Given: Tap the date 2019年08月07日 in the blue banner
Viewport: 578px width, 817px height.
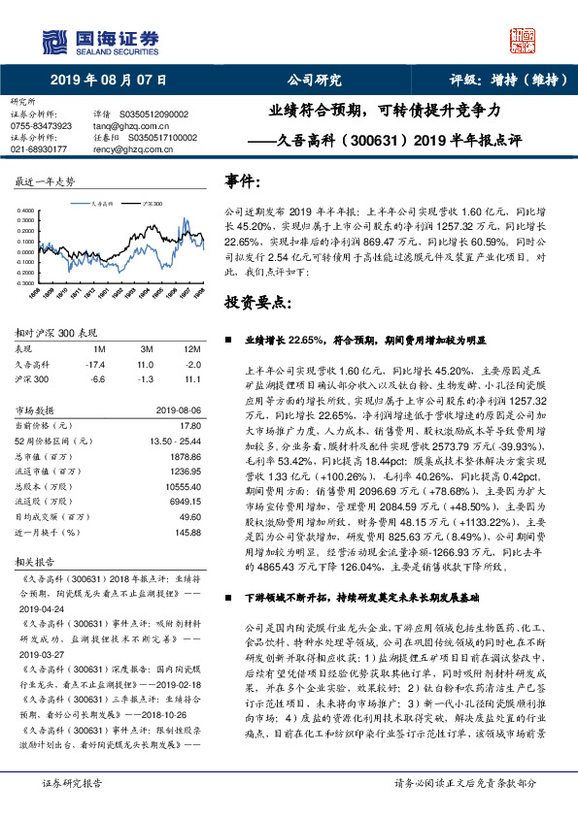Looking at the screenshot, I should (x=107, y=81).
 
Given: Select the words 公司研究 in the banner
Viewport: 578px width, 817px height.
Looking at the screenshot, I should (x=314, y=81).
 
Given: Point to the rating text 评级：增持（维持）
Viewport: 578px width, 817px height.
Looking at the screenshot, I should (x=494, y=81).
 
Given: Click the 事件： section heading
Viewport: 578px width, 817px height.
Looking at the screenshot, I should (x=243, y=181).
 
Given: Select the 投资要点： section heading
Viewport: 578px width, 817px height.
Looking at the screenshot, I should (x=258, y=302).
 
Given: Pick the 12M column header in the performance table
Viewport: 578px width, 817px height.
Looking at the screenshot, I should (x=191, y=346).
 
